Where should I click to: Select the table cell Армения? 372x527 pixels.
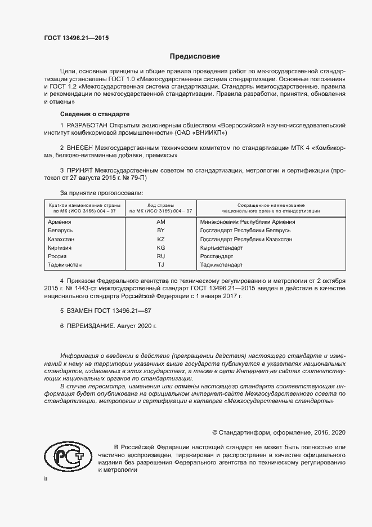(x=60, y=222)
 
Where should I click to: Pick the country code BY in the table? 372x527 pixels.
(x=160, y=231)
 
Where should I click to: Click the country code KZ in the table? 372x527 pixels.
(x=160, y=239)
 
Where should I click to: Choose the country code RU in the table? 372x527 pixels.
(x=160, y=256)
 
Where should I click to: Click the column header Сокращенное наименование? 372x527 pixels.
(x=271, y=206)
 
